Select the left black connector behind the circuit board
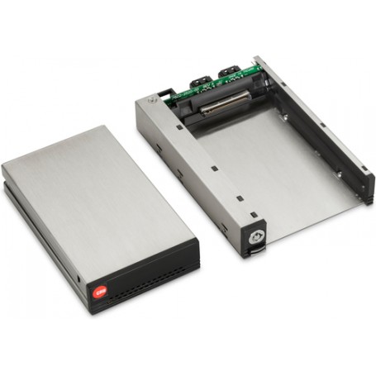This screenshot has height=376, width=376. coord(202,83)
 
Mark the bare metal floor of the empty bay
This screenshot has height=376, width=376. coord(264,165)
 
